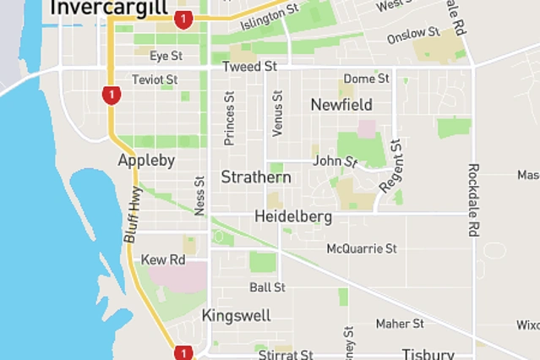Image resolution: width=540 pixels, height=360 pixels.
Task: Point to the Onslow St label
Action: pos(413,36)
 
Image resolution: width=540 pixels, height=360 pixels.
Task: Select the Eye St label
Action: pos(166,56)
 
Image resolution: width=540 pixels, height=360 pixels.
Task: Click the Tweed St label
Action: pos(249,66)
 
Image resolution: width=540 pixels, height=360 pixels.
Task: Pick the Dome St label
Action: pos(366,79)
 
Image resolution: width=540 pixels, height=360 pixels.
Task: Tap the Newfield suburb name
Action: pos(341,105)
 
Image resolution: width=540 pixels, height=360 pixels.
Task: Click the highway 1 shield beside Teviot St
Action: pos(110,94)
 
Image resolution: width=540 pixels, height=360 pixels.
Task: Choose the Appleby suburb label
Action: pos(146,160)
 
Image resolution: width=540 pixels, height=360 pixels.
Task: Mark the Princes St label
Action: pos(229,119)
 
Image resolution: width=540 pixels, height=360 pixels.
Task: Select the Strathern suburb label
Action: pos(256,177)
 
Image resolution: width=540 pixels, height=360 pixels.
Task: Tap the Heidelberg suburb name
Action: pos(293,216)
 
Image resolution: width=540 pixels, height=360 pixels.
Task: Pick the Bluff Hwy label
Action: pos(133,216)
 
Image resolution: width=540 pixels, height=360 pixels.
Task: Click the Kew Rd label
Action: pos(163,259)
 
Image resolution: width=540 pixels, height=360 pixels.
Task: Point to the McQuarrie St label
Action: pos(362,248)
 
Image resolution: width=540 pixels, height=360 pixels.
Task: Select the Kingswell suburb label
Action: pos(237,316)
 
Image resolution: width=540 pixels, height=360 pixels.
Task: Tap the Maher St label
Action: pos(400,324)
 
